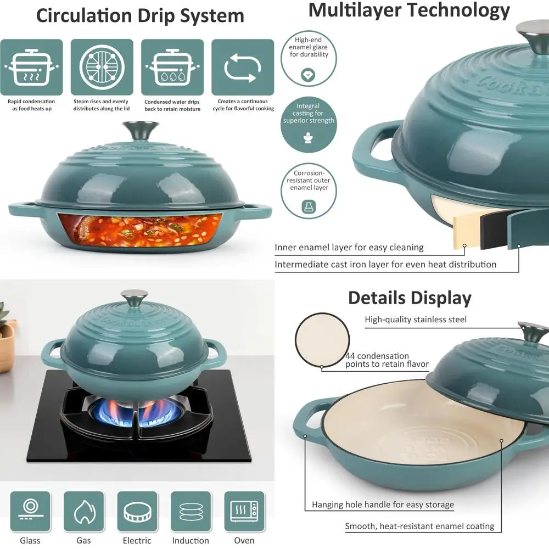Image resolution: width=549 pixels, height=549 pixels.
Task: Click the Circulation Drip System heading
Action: (x=140, y=15)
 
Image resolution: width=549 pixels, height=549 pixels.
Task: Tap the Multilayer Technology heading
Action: (x=409, y=10)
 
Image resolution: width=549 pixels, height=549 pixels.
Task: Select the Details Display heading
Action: (x=410, y=298)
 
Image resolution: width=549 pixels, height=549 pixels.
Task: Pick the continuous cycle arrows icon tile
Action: (x=242, y=67)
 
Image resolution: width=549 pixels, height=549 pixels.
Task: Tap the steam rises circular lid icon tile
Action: (x=102, y=67)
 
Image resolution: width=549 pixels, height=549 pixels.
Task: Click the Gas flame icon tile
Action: (x=83, y=511)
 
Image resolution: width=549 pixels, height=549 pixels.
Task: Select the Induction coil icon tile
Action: (x=191, y=511)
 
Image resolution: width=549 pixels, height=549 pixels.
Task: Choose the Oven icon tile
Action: (x=244, y=511)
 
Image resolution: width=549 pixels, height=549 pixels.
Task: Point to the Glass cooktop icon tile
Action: (x=30, y=511)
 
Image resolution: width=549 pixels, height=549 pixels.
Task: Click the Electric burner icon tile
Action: (x=137, y=511)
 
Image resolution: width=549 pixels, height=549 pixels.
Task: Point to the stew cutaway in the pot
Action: (x=140, y=230)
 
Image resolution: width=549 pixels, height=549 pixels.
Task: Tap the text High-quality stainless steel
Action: (x=416, y=319)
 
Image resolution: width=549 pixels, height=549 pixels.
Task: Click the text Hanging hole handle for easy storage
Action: (x=383, y=505)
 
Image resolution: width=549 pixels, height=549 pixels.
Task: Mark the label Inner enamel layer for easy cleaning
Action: (x=349, y=248)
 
